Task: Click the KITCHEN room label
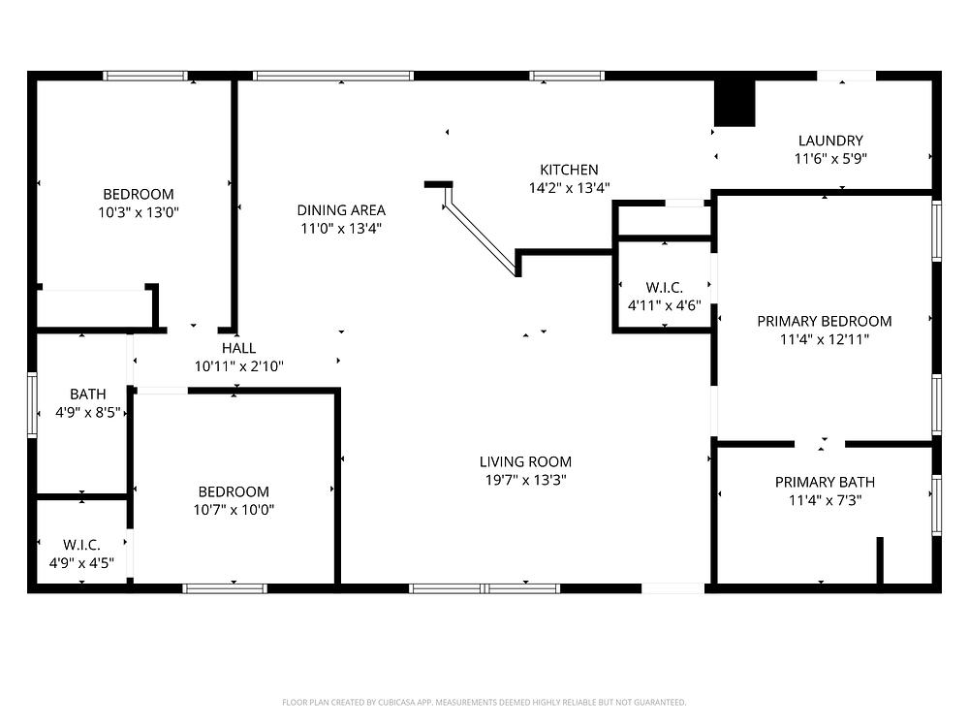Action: pyautogui.click(x=569, y=170)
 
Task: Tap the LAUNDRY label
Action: pyautogui.click(x=830, y=141)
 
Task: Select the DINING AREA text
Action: pyautogui.click(x=341, y=210)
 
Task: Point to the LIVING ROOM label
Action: pyautogui.click(x=525, y=461)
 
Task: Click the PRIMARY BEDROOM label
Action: pyautogui.click(x=825, y=322)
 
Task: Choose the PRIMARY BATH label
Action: pyautogui.click(x=825, y=482)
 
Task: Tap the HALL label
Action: pyautogui.click(x=238, y=348)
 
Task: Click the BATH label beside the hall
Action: pyautogui.click(x=88, y=394)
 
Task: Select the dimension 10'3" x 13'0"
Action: pyautogui.click(x=139, y=212)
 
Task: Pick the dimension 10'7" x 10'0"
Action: pyautogui.click(x=234, y=510)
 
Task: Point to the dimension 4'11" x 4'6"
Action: pyautogui.click(x=665, y=305)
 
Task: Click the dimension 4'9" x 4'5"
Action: pyautogui.click(x=81, y=563)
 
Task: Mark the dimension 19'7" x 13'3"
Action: pyautogui.click(x=525, y=480)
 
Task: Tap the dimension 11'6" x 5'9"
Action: pyautogui.click(x=830, y=159)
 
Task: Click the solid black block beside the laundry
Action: pyautogui.click(x=735, y=104)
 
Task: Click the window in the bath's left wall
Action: pyautogui.click(x=32, y=405)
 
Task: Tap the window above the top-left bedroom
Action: pyautogui.click(x=145, y=76)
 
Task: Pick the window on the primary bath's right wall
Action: pyautogui.click(x=937, y=505)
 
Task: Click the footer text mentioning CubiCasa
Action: pyautogui.click(x=484, y=702)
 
